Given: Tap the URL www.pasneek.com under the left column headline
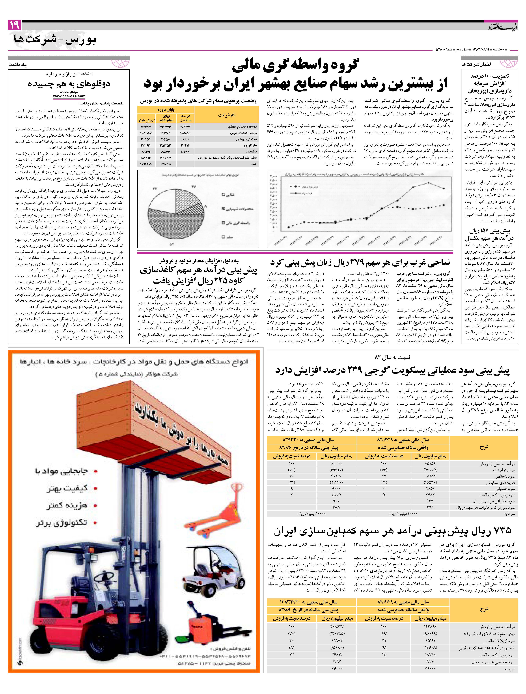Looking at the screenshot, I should click(x=69, y=96).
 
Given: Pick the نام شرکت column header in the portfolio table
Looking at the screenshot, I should click(x=227, y=115).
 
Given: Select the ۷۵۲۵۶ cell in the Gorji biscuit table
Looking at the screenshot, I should click(x=431, y=464).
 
